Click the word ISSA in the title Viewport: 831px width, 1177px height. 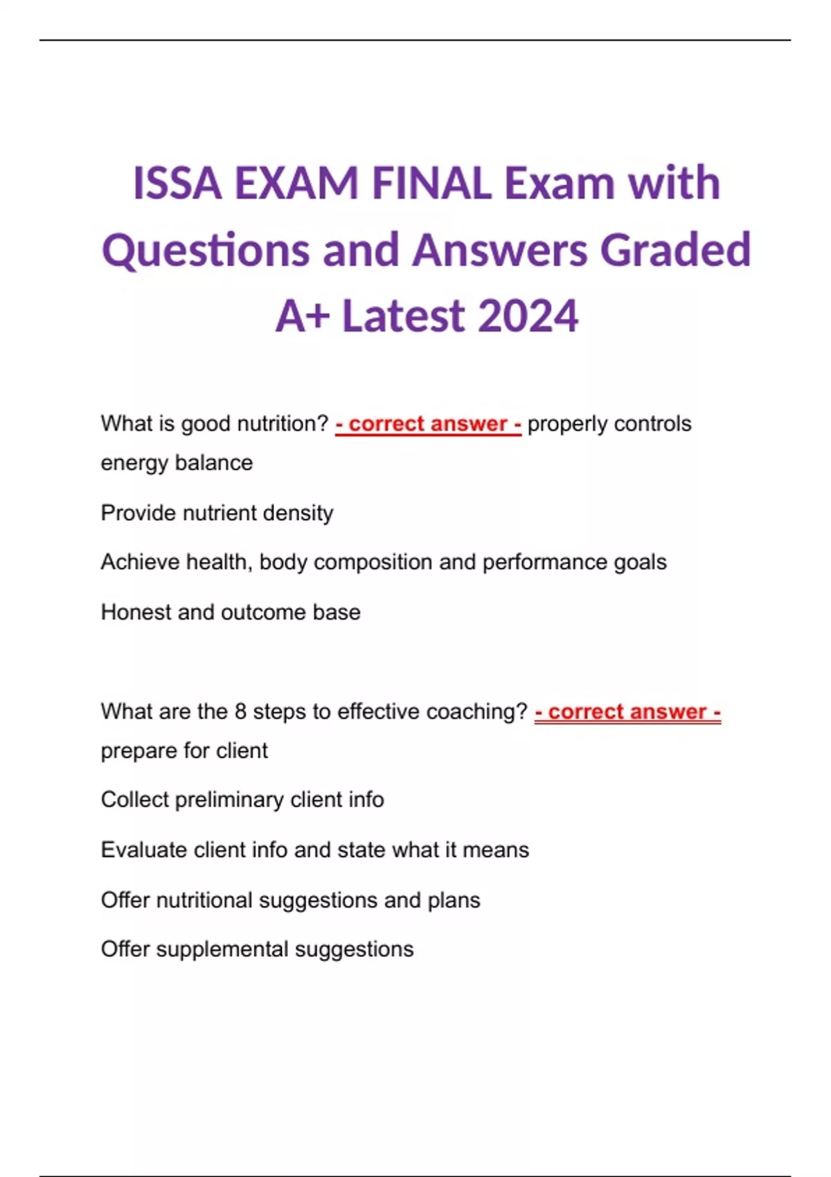(x=177, y=183)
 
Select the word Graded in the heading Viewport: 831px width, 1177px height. (x=675, y=250)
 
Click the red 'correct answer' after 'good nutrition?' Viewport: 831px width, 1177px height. (x=428, y=424)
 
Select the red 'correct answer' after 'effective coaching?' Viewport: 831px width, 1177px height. (x=627, y=712)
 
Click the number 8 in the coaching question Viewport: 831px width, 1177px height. (x=240, y=712)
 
